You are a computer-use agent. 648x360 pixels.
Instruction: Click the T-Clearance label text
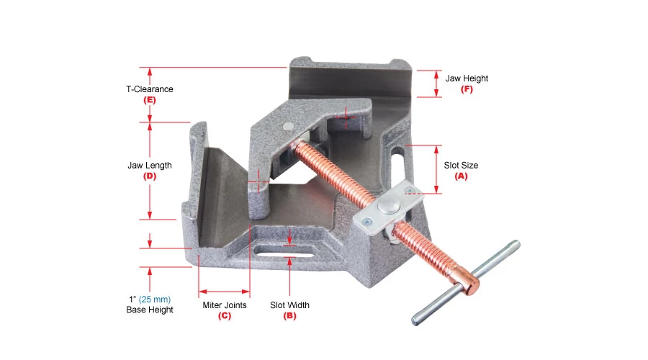[x=150, y=89]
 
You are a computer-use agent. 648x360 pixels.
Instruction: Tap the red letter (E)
[x=150, y=100]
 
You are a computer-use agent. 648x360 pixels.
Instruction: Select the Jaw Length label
[x=150, y=166]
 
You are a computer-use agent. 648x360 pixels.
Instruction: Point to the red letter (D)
[x=150, y=176]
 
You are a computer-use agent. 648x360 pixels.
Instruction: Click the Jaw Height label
[x=467, y=78]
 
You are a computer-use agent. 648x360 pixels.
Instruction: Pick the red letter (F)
[x=467, y=89]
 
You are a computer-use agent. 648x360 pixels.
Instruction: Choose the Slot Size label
[x=461, y=166]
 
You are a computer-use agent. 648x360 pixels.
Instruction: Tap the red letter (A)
[x=461, y=176]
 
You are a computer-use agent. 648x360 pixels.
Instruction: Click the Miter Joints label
[x=225, y=305]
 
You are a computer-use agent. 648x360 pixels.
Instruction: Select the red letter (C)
[x=225, y=316]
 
